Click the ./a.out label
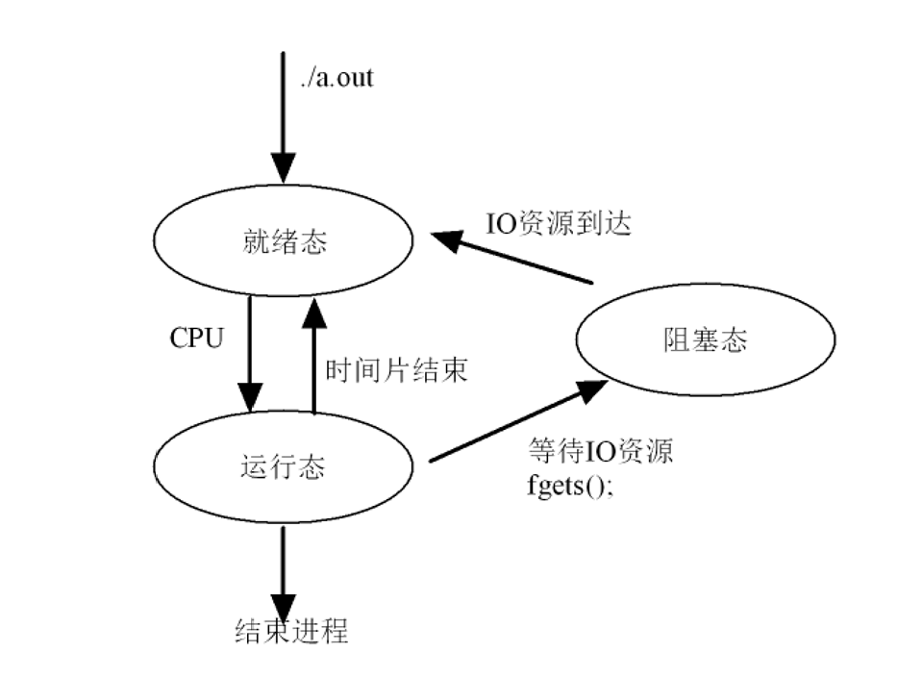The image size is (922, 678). pyautogui.click(x=336, y=78)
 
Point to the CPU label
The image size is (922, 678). pyautogui.click(x=197, y=339)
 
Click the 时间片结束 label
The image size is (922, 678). pyautogui.click(x=396, y=370)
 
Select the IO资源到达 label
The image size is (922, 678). pyautogui.click(x=559, y=224)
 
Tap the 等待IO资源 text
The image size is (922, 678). pyautogui.click(x=600, y=451)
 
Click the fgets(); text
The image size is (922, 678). pyautogui.click(x=570, y=487)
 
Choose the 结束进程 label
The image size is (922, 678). pyautogui.click(x=291, y=632)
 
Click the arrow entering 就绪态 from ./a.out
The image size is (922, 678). pyautogui.click(x=283, y=117)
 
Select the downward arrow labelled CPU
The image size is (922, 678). pyautogui.click(x=250, y=354)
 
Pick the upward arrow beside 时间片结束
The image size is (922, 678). pyautogui.click(x=314, y=356)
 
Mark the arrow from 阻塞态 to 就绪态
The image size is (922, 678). pyautogui.click(x=511, y=258)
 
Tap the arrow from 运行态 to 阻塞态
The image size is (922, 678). pyautogui.click(x=518, y=420)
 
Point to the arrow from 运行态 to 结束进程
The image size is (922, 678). pyautogui.click(x=283, y=573)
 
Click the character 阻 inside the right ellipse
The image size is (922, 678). pyautogui.click(x=677, y=339)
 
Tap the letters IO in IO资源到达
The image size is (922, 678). pyautogui.click(x=501, y=224)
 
